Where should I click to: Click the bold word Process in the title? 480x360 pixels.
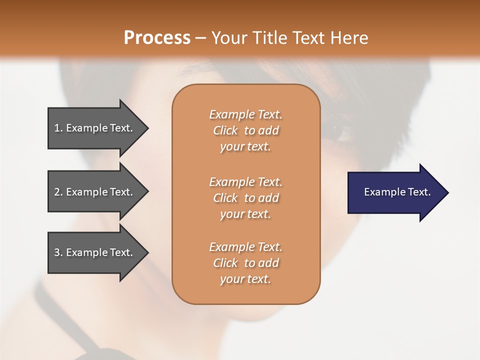156,38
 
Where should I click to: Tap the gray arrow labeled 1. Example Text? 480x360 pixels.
95,128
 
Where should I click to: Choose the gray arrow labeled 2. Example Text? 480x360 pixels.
95,192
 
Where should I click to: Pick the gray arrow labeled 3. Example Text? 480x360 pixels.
95,252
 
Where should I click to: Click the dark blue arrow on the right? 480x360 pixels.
395,192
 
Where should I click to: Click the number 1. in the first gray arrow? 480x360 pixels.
58,128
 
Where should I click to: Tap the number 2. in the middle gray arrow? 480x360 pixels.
58,192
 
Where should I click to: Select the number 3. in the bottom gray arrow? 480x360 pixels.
58,252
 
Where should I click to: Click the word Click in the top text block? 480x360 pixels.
225,131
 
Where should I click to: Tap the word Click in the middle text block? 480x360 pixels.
225,198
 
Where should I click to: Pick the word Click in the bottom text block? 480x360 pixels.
225,263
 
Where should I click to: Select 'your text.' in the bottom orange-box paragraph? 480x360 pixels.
245,279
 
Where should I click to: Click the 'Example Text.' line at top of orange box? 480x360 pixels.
245,114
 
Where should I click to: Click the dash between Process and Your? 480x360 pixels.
200,38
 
